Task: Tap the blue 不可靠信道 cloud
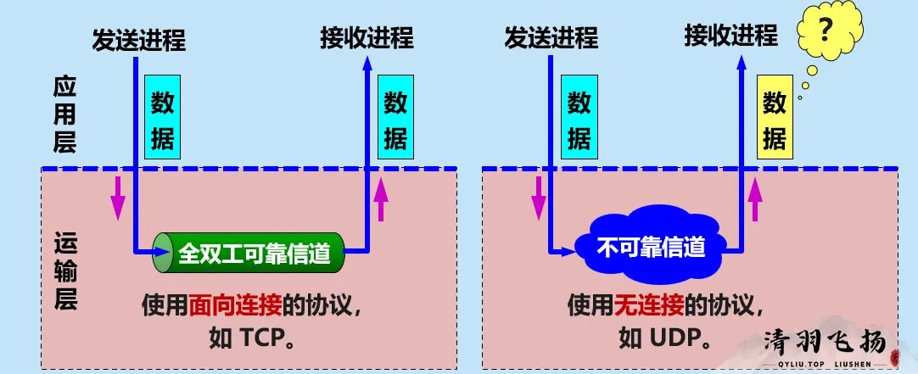[x=651, y=248]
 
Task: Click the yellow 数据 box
[x=774, y=119]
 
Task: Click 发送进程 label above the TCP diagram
[x=138, y=39]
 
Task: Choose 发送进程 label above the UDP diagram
[x=551, y=37]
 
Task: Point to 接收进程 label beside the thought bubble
[x=730, y=35]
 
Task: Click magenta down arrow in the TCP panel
[x=117, y=196]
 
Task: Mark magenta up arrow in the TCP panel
[x=382, y=201]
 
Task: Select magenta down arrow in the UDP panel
[x=538, y=196]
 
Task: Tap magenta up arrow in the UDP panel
[x=754, y=201]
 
